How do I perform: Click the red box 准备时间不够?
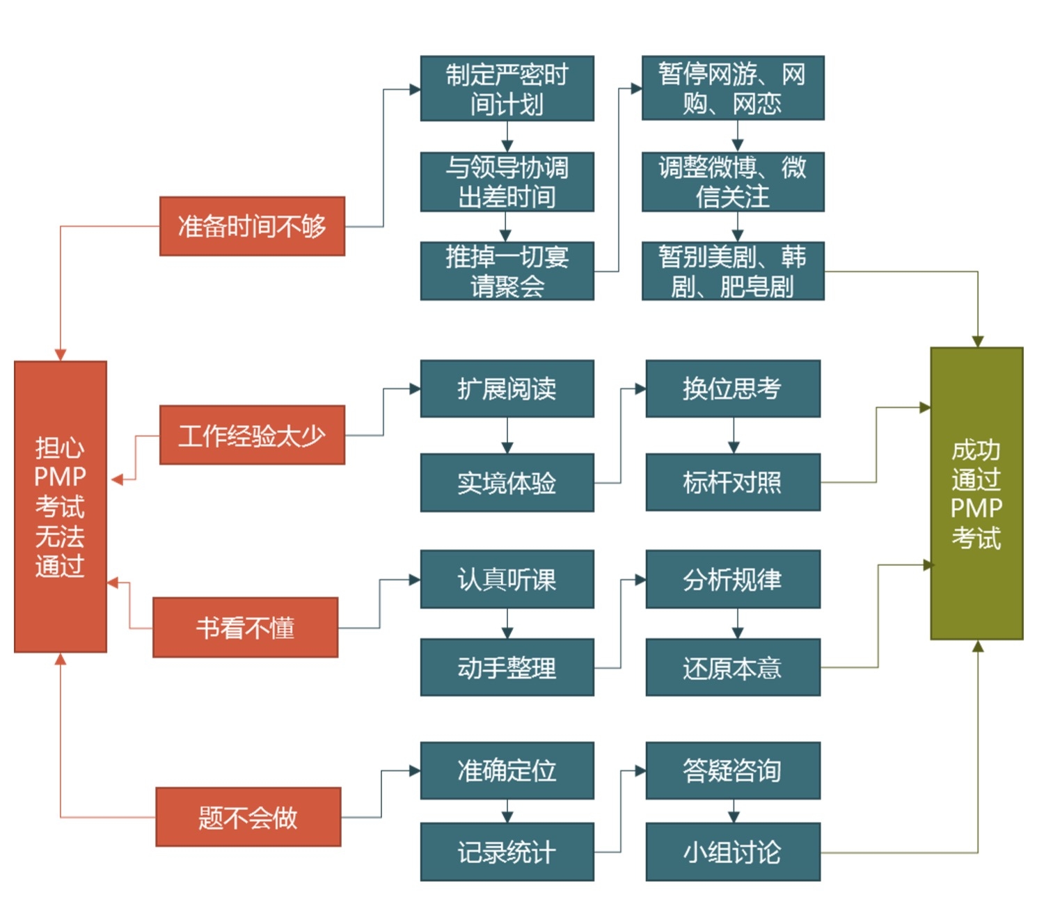pos(252,226)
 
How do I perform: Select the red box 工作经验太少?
pos(252,435)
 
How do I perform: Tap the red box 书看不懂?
pos(245,627)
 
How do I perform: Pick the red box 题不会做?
pos(248,817)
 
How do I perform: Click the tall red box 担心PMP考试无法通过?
pos(61,507)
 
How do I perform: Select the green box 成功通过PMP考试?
pos(976,493)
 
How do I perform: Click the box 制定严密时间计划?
pos(507,88)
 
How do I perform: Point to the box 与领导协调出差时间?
pos(507,182)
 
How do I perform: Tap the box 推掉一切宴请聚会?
pos(507,271)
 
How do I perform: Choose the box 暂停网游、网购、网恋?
pos(732,88)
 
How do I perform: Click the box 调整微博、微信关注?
pos(732,182)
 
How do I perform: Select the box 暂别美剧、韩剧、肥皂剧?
pos(732,271)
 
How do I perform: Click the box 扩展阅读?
pos(507,388)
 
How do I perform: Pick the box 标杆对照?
pos(732,482)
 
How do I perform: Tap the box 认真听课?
pos(507,579)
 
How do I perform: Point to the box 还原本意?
pos(732,668)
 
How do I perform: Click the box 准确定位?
pos(507,770)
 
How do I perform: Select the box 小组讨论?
pos(732,852)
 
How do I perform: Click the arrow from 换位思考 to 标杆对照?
pos(733,436)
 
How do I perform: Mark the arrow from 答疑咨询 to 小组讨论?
pos(733,811)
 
